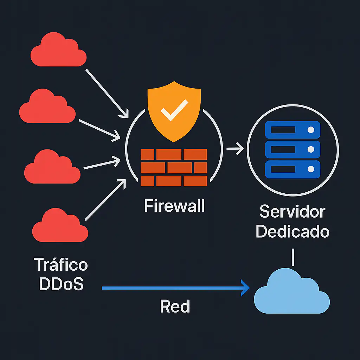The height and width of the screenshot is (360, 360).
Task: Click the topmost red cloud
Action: click(58, 51)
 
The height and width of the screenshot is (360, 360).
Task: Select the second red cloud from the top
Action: click(47, 107)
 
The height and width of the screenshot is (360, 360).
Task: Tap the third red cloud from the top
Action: click(52, 168)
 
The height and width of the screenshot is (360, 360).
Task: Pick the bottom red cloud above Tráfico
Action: click(60, 226)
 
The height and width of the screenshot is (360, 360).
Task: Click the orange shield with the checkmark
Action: click(174, 105)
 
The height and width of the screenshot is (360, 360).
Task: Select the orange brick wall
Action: click(174, 167)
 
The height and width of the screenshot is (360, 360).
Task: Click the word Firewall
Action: click(174, 206)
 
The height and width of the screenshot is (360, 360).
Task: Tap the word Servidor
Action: click(292, 212)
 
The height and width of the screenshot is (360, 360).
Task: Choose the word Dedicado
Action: click(292, 232)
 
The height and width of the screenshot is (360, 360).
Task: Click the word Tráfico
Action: click(60, 264)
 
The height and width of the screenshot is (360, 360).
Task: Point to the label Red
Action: click(175, 307)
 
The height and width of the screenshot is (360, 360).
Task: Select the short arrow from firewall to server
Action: click(235, 149)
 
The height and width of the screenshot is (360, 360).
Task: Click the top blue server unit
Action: click(292, 130)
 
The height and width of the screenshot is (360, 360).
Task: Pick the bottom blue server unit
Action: click(292, 169)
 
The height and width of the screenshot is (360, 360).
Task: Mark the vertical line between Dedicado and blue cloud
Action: click(292, 257)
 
